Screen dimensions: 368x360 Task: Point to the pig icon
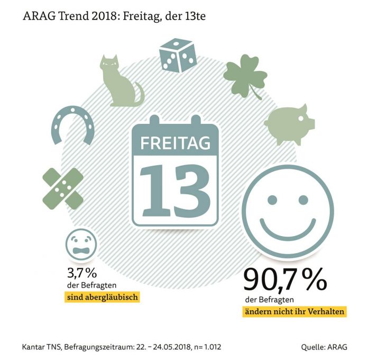click(x=289, y=124)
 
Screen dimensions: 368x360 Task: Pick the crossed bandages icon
click(x=63, y=188)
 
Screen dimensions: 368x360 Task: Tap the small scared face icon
click(x=81, y=245)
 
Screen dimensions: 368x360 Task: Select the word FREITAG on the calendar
click(x=175, y=143)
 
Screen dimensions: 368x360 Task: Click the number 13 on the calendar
click(x=175, y=191)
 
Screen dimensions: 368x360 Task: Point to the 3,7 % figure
click(x=82, y=273)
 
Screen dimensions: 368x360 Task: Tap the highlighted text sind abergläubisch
click(x=103, y=297)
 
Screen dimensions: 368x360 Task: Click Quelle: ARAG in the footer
click(x=324, y=347)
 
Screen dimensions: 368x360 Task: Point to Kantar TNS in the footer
click(x=42, y=347)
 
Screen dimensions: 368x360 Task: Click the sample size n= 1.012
click(x=207, y=347)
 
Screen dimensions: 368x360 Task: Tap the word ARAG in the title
click(x=40, y=16)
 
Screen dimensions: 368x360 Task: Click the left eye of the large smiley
click(x=272, y=200)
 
